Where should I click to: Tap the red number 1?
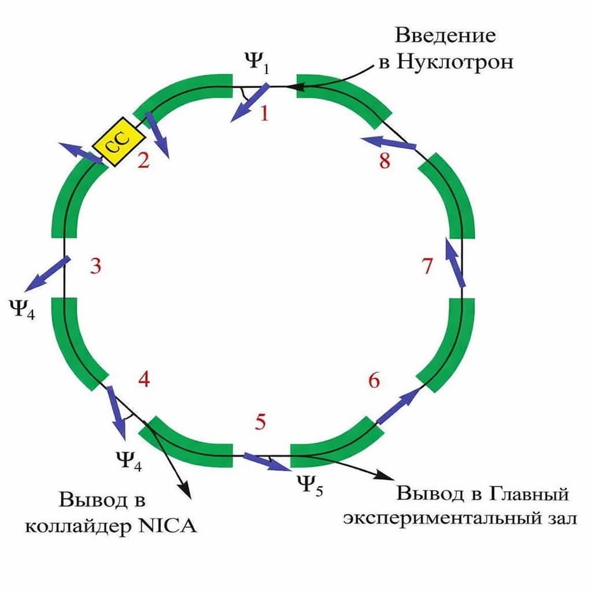264,114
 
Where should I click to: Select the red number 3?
96,267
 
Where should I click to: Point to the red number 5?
261,423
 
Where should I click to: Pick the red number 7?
427,267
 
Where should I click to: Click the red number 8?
384,161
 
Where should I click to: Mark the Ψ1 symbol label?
257,64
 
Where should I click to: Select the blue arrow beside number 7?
456,263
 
